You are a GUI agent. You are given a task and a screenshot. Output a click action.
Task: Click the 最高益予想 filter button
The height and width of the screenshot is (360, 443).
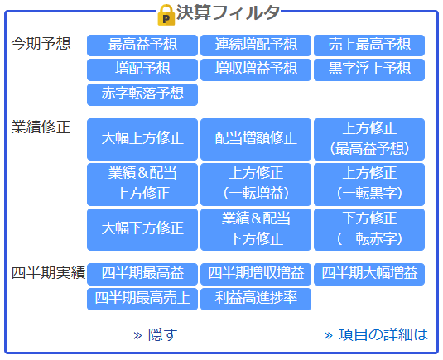click(142, 46)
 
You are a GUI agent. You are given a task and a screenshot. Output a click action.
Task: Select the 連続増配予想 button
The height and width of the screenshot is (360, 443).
click(256, 46)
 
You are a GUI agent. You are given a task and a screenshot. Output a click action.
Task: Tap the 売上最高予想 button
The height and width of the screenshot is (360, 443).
click(369, 46)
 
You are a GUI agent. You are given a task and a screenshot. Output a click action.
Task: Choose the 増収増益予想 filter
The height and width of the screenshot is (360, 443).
click(256, 70)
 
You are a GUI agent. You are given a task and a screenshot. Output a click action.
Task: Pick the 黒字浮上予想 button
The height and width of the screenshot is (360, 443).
click(369, 70)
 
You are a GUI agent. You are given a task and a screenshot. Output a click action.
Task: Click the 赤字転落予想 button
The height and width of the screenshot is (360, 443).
click(142, 94)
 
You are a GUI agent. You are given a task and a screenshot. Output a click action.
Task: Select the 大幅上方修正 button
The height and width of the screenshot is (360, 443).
click(142, 139)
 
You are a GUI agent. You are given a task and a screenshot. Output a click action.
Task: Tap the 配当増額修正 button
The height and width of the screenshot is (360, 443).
click(256, 139)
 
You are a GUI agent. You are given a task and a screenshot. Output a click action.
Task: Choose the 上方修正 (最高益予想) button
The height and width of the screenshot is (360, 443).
click(369, 139)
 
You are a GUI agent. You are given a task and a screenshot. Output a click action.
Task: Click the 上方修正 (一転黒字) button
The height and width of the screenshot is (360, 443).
click(369, 185)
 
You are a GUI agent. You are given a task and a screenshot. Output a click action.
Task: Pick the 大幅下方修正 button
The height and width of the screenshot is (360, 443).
click(142, 229)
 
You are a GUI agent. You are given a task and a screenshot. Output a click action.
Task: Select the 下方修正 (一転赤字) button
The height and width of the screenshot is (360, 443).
click(369, 229)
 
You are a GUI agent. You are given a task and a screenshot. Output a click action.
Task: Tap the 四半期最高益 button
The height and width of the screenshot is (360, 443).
click(142, 274)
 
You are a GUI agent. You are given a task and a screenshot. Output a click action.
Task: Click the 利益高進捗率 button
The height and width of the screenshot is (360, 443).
click(256, 299)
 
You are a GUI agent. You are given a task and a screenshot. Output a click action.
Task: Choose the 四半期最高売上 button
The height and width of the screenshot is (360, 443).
click(142, 299)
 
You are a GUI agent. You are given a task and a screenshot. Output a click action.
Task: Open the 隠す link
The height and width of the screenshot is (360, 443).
click(156, 335)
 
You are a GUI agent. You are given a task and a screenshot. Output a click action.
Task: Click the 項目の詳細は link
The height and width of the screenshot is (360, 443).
click(376, 335)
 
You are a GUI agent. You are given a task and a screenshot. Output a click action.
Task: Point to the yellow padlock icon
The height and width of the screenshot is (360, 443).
click(166, 15)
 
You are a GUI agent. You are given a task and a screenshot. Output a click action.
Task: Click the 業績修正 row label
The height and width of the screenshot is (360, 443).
click(41, 127)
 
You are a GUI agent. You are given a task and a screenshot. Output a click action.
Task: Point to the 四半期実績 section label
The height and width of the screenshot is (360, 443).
click(48, 273)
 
